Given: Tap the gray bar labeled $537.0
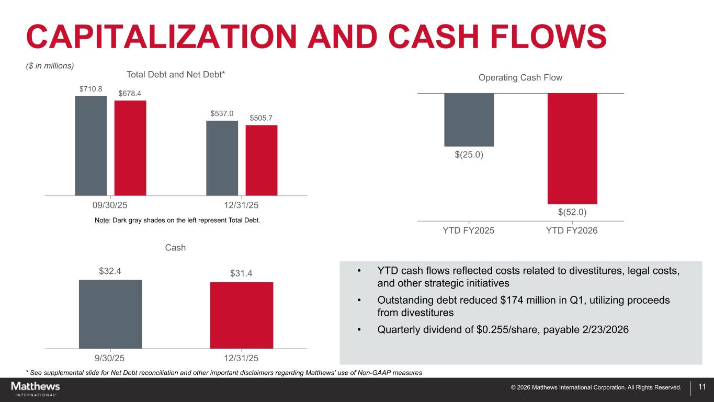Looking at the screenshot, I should coord(222,158).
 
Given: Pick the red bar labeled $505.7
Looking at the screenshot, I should coord(262,160).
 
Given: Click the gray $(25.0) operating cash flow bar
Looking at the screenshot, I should coord(469,120).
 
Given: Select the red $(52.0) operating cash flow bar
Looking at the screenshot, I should coord(572,148).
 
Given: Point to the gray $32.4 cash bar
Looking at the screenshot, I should coord(110,314).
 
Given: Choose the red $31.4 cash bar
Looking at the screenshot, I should coord(242,315).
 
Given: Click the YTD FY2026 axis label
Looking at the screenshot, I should coord(572,230).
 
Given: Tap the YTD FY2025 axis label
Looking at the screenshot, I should coord(469,230).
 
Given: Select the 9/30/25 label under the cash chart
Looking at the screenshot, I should coord(110,358).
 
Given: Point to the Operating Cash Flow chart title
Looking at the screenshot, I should coord(520,77).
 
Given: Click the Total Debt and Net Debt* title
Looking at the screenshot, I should coord(176,75).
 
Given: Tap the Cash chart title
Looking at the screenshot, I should coord(175,247).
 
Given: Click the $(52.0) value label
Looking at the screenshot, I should coord(572,212).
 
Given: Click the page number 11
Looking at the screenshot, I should coord(702,387).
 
